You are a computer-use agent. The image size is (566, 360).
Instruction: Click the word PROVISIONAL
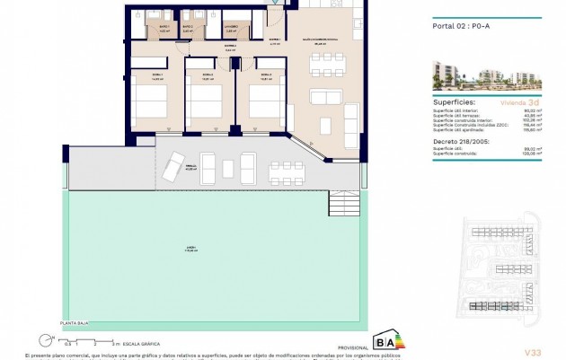pos(326,346)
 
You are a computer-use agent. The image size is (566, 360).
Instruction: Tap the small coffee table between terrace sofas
pos(227,167)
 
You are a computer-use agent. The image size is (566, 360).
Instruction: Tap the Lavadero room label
pos(231,29)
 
